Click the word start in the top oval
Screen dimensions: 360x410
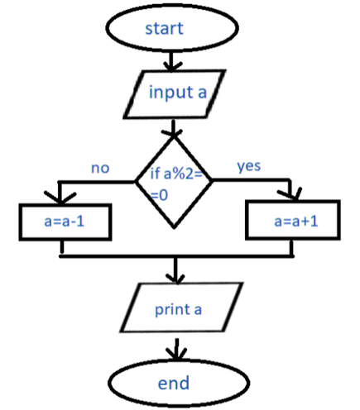point(164,28)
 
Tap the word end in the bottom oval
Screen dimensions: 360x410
point(174,383)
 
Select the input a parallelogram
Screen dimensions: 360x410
point(175,94)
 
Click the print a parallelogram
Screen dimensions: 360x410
point(181,307)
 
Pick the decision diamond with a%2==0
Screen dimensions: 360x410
point(174,183)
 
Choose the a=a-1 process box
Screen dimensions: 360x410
point(65,222)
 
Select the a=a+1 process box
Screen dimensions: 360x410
point(293,220)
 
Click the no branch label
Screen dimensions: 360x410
point(100,168)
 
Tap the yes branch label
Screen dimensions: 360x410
point(249,166)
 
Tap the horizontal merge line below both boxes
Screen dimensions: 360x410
point(176,256)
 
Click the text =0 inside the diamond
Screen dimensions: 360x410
point(159,195)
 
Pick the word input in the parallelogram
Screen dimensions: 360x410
point(170,92)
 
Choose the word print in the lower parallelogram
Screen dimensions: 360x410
point(172,310)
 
